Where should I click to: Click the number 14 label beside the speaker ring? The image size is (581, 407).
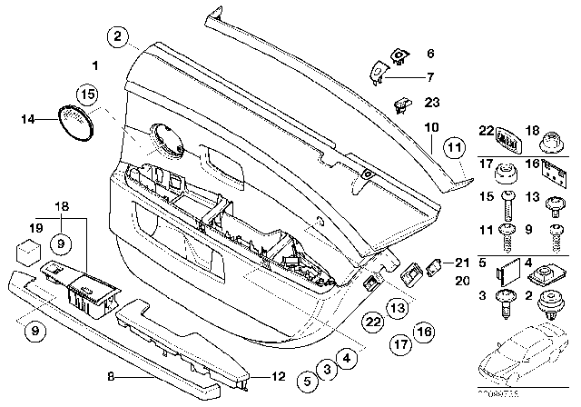click(27, 118)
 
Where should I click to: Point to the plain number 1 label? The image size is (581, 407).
click(94, 65)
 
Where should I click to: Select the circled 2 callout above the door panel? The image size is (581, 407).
click(117, 37)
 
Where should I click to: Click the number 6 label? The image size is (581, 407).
click(430, 54)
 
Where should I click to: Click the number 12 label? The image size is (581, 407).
click(279, 375)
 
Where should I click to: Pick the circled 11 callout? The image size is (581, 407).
click(454, 147)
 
